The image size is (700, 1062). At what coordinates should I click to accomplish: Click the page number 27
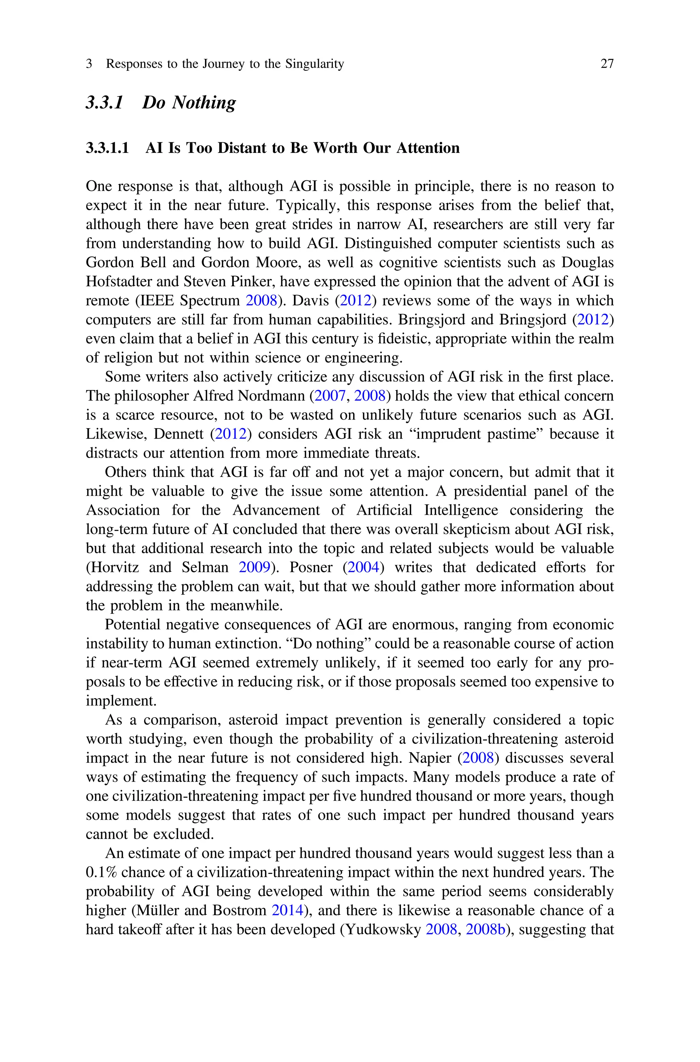tap(607, 64)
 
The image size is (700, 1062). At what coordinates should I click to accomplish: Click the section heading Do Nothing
tap(189, 103)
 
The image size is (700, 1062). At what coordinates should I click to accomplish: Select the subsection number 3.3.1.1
tap(107, 148)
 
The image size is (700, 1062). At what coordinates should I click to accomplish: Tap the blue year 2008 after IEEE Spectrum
tap(261, 301)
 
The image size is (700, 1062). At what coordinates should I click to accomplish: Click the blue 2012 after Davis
tap(355, 301)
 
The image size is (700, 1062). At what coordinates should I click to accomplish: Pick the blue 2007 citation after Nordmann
tap(330, 396)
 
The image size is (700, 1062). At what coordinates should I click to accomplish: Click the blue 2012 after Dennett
tap(230, 434)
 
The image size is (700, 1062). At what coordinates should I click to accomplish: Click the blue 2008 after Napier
tap(478, 758)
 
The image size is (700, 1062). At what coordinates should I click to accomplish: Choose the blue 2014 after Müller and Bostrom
tap(287, 910)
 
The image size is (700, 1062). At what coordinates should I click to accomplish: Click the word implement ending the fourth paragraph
tap(121, 701)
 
